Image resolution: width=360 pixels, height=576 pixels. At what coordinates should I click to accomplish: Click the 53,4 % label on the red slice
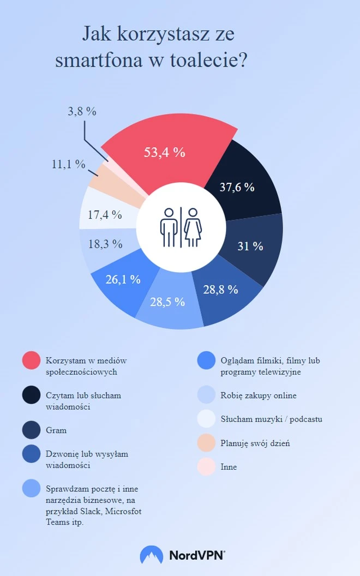(164, 153)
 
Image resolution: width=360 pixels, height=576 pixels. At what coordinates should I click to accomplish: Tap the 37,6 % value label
(237, 187)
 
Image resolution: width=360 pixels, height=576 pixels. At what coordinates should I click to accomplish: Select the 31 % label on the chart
(250, 246)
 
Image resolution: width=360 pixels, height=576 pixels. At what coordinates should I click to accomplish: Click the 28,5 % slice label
(167, 302)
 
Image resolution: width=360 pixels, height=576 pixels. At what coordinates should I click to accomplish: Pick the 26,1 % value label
(123, 279)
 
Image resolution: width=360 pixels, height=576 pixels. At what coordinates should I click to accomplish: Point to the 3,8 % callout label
(82, 111)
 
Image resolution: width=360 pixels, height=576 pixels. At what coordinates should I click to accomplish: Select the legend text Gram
(56, 430)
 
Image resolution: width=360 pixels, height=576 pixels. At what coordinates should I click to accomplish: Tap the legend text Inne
(229, 467)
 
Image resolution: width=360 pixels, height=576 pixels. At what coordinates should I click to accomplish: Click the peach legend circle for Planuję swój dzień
(208, 443)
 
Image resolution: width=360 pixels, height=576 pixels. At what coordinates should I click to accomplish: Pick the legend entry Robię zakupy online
(259, 395)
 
